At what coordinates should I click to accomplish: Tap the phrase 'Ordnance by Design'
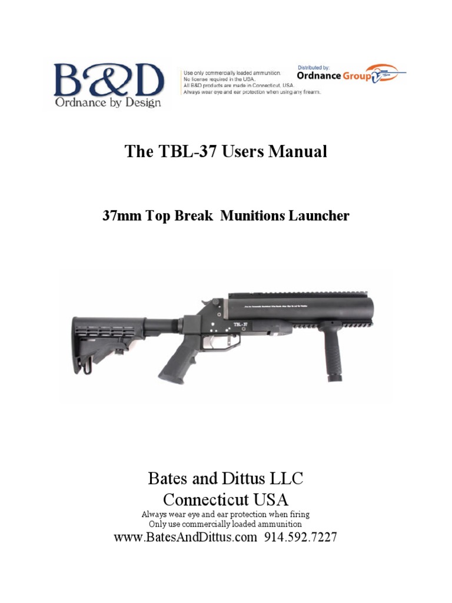(x=108, y=103)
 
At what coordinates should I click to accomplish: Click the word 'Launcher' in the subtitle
(x=319, y=216)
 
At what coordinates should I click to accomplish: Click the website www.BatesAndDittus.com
(x=185, y=537)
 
